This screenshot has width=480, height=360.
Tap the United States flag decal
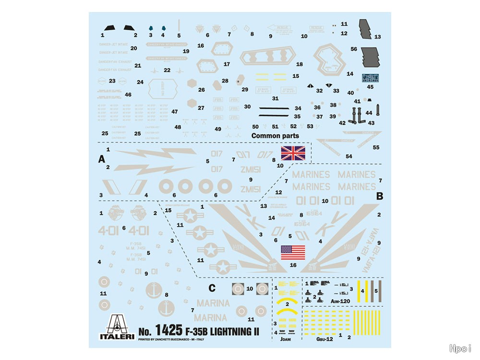pyautogui.click(x=292, y=252)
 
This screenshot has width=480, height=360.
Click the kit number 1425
pyautogui.click(x=168, y=330)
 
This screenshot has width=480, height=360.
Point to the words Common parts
pyautogui.click(x=275, y=136)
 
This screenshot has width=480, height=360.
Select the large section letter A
pyautogui.click(x=101, y=160)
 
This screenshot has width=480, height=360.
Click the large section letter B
pyautogui.click(x=379, y=196)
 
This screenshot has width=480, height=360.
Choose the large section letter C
pyautogui.click(x=212, y=288)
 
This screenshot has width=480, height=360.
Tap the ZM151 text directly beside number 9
pyautogui.click(x=251, y=189)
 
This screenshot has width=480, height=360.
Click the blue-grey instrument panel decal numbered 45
pyautogui.click(x=370, y=78)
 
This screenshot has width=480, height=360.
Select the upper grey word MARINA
pyautogui.click(x=213, y=303)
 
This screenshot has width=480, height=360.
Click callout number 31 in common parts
pyautogui.click(x=275, y=98)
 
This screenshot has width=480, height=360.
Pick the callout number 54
pyautogui.click(x=348, y=156)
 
